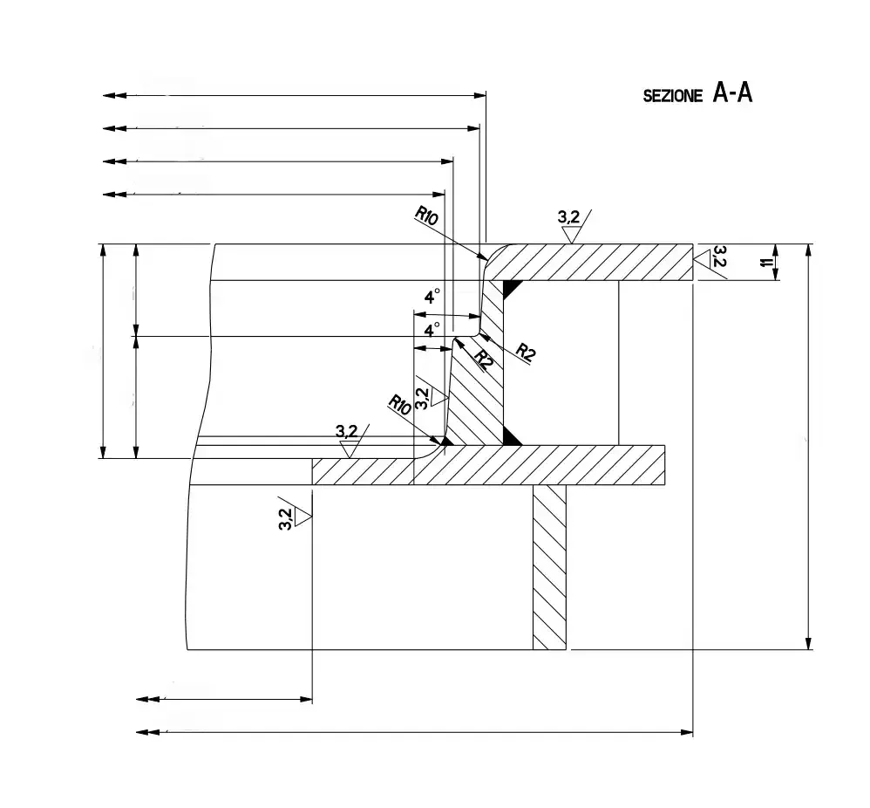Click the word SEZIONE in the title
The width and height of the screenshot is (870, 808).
tap(672, 97)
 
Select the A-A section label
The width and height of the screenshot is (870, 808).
tap(732, 92)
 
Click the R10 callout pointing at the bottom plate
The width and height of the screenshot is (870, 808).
tap(400, 404)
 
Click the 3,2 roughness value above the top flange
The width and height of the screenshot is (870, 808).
tap(568, 216)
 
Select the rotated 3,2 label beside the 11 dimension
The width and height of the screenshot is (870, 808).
tap(719, 256)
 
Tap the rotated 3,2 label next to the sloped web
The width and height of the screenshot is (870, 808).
tap(422, 397)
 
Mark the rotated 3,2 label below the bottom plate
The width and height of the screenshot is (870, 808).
tap(285, 517)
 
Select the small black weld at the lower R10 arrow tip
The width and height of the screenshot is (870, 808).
tap(446, 441)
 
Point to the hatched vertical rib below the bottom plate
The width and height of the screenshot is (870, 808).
tap(549, 567)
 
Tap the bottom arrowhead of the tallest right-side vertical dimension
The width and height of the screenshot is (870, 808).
tap(810, 642)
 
